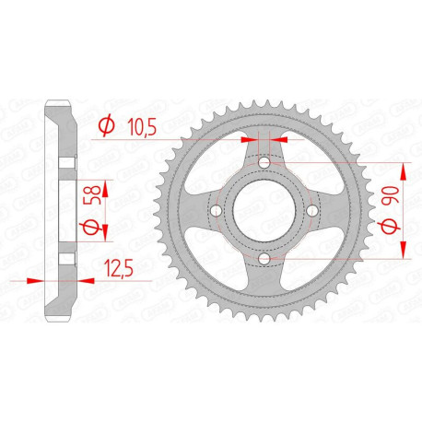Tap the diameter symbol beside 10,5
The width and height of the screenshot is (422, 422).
[x=105, y=124]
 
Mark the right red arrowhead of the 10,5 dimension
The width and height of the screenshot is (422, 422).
[x=283, y=141]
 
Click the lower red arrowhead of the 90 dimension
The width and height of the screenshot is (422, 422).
[x=404, y=254]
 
